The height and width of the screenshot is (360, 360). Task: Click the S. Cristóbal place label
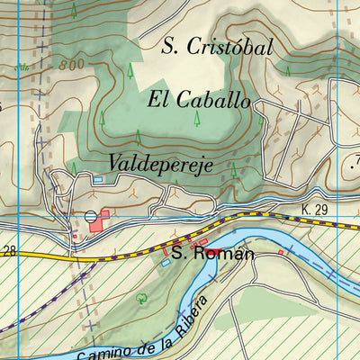[216, 47]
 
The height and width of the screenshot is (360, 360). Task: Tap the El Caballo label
[198, 100]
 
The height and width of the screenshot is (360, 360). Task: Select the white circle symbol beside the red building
[90, 217]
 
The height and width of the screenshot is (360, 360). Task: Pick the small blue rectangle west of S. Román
[165, 263]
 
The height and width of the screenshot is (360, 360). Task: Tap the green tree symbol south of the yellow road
[139, 296]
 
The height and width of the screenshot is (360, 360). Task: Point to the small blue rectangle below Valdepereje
[97, 180]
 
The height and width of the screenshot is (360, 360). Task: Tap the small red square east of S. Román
[281, 253]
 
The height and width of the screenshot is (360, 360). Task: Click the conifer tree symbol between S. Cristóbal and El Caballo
[130, 69]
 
